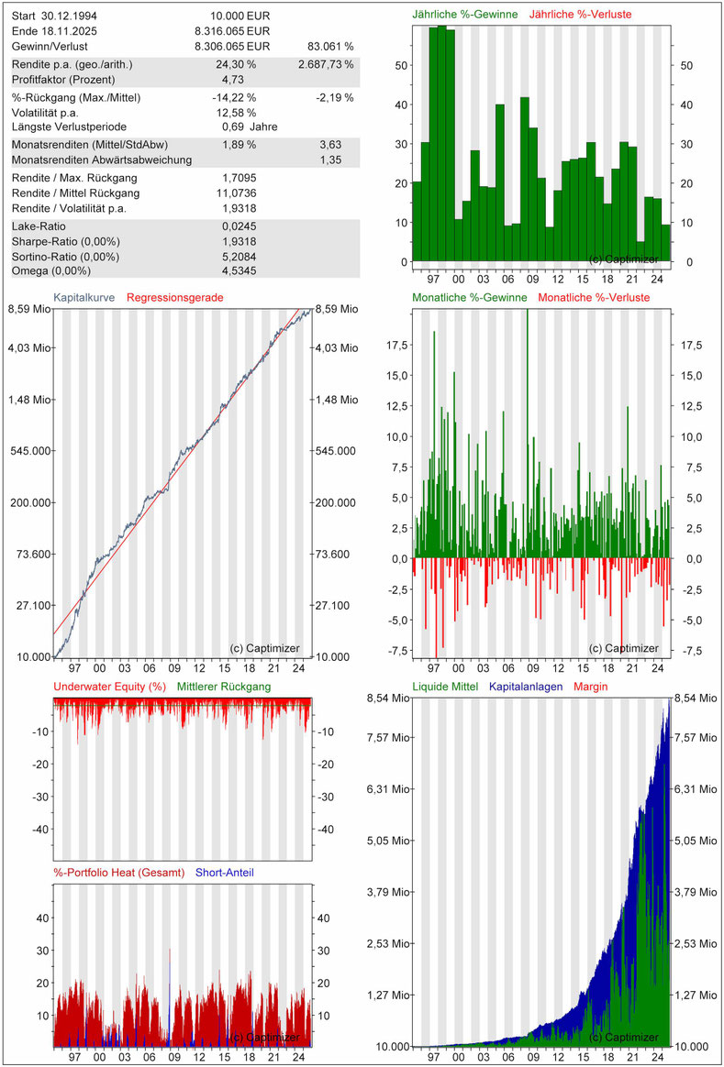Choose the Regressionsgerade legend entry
(174, 297)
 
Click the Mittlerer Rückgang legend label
(225, 687)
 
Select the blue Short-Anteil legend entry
(226, 873)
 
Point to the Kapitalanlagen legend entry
(526, 687)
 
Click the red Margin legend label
(591, 687)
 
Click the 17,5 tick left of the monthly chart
(397, 345)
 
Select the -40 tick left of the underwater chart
(41, 829)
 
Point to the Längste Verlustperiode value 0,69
(233, 127)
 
